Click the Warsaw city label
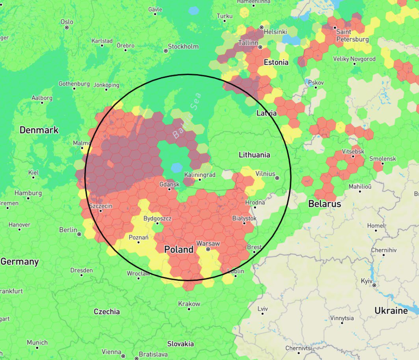click(208, 244)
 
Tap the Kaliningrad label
click(200, 174)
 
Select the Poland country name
click(179, 249)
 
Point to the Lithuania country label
click(254, 155)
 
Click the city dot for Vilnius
click(277, 178)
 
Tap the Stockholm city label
click(183, 46)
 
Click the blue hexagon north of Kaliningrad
click(176, 167)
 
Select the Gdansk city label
click(169, 184)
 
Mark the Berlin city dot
click(79, 234)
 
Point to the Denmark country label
click(39, 130)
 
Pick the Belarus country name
click(324, 204)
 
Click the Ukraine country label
click(391, 311)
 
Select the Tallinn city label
click(248, 43)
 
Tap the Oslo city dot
click(67, 28)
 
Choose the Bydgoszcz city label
click(157, 218)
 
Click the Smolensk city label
click(382, 159)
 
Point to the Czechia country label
click(106, 312)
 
